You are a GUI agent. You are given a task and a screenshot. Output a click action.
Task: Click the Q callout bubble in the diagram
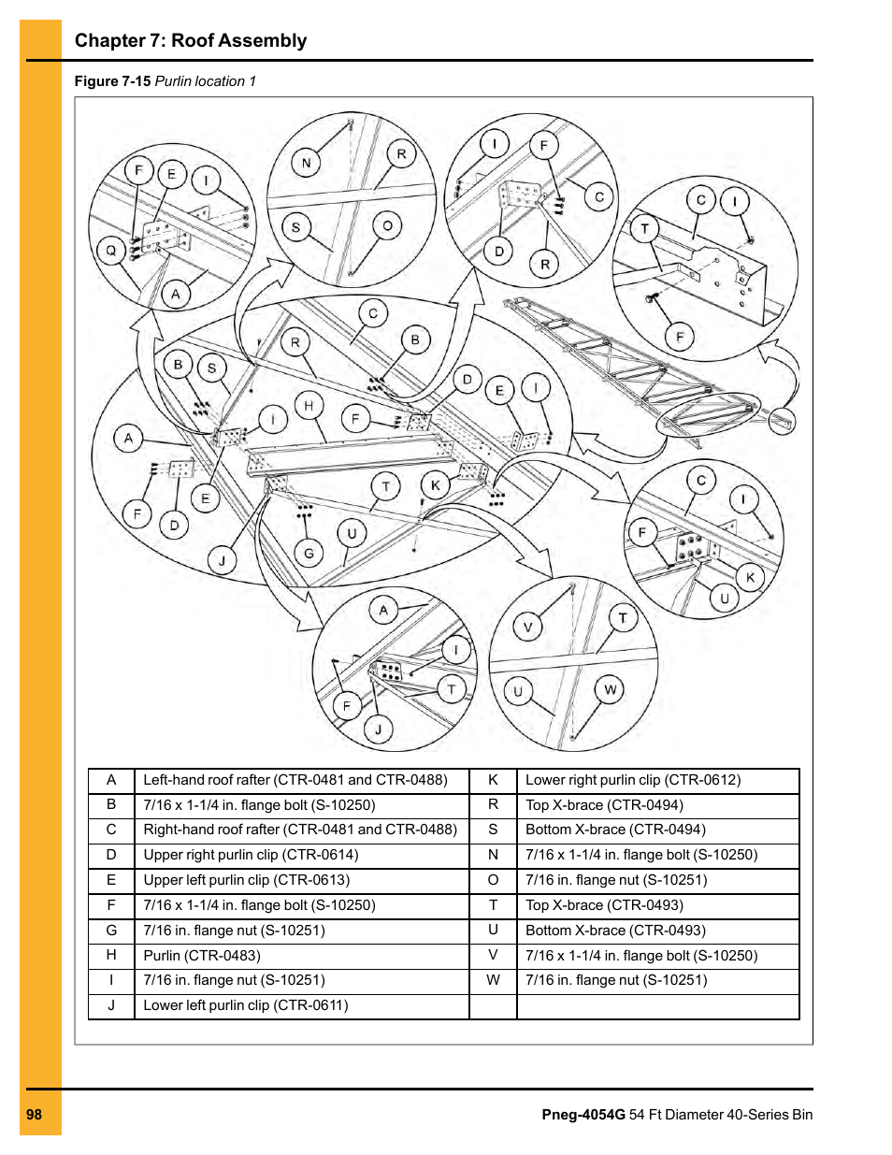(x=111, y=251)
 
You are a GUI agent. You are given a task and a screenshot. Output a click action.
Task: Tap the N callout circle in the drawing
(x=306, y=163)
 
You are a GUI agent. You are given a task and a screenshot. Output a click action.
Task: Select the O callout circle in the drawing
(x=387, y=225)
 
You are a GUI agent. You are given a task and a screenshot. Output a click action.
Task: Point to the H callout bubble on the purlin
(x=309, y=405)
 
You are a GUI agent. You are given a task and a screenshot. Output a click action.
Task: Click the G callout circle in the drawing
(x=309, y=553)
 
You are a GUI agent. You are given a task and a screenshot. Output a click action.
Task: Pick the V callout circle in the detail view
(x=527, y=627)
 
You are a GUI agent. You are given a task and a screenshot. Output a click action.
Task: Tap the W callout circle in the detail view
(x=610, y=689)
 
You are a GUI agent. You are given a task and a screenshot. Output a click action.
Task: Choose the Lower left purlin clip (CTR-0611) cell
(x=246, y=1005)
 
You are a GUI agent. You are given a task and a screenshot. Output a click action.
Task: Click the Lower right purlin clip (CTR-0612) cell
(x=633, y=779)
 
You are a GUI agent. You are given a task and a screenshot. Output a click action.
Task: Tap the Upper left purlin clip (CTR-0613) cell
(x=247, y=879)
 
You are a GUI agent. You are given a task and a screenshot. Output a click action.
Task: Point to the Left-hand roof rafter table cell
(x=295, y=779)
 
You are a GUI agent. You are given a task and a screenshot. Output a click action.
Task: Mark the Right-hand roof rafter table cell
(x=300, y=829)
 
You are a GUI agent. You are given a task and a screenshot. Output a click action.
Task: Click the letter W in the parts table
(x=493, y=980)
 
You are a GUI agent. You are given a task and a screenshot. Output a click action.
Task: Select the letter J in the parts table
(x=111, y=1005)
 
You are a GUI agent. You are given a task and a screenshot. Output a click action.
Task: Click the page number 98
(x=35, y=1114)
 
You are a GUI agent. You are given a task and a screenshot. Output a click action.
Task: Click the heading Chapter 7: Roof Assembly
(x=191, y=40)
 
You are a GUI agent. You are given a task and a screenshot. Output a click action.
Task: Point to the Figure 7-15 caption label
(x=112, y=81)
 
